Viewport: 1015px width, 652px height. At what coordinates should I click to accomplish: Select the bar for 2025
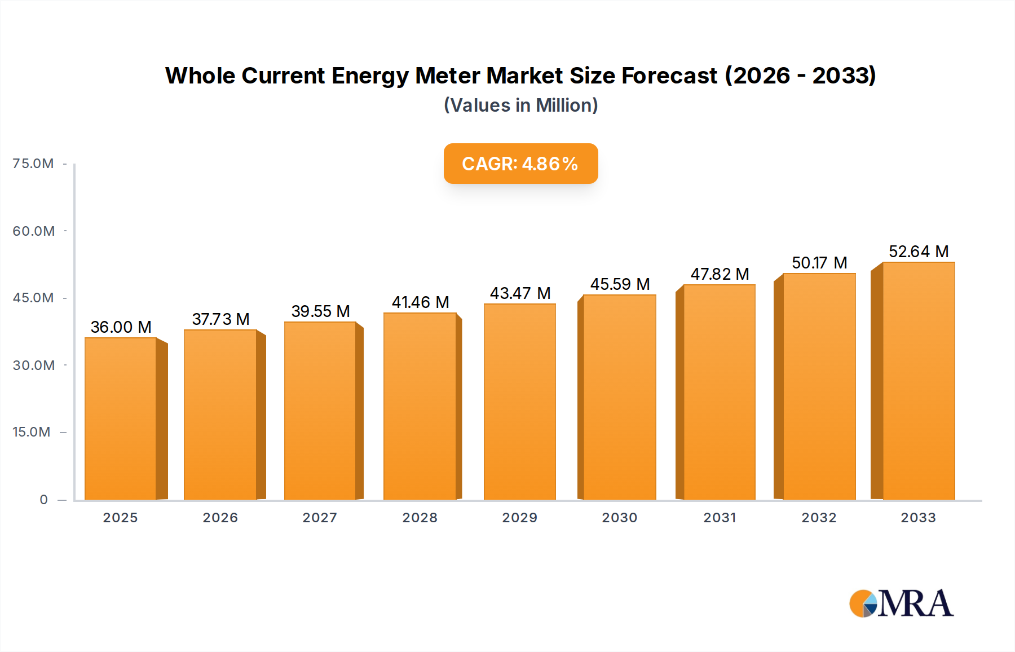click(x=120, y=418)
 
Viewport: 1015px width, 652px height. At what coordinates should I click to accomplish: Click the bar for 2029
click(x=519, y=402)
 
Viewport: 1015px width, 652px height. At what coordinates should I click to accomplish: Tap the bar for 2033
click(x=918, y=381)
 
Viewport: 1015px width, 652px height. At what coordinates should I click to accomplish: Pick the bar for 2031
click(x=719, y=392)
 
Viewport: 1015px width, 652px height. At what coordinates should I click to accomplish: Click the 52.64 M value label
click(x=919, y=252)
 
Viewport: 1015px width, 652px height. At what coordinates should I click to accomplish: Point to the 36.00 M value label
click(x=121, y=327)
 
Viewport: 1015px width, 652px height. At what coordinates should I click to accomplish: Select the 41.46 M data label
click(x=420, y=302)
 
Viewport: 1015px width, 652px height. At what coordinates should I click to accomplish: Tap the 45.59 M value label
click(x=620, y=284)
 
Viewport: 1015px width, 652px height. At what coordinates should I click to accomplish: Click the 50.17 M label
click(x=819, y=263)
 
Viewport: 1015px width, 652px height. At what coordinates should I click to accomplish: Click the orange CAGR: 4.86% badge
click(x=520, y=164)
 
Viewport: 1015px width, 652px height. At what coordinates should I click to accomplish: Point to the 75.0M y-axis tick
click(x=33, y=164)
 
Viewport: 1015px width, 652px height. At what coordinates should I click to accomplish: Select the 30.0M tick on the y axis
click(x=33, y=365)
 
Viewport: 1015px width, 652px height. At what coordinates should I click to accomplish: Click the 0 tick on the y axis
click(x=43, y=500)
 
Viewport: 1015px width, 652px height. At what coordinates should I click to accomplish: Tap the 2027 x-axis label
click(x=320, y=518)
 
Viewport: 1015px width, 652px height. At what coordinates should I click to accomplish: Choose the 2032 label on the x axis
click(x=819, y=518)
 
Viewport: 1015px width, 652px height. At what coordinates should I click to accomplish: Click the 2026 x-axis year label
click(x=220, y=518)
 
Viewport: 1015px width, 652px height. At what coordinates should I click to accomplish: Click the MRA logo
click(x=901, y=603)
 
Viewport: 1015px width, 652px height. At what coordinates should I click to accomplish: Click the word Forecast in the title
click(x=669, y=76)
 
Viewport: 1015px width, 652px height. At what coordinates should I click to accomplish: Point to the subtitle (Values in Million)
click(x=520, y=105)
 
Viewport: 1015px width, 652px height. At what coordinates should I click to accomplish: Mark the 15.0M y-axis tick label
click(x=32, y=432)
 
